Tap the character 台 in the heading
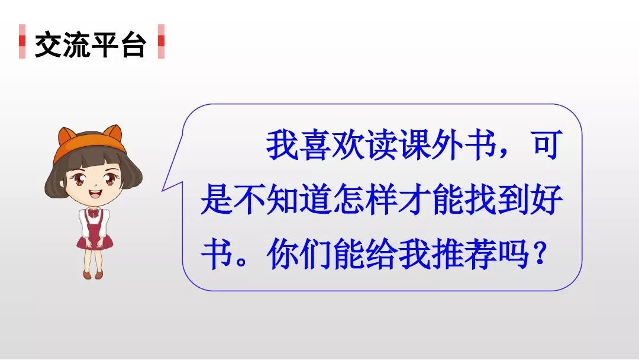tap(132, 45)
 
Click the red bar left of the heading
tap(22, 41)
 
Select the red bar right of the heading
tap(161, 41)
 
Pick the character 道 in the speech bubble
tap(315, 200)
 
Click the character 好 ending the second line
tap(547, 200)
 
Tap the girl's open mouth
tap(95, 192)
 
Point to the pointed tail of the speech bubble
tap(163, 190)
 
